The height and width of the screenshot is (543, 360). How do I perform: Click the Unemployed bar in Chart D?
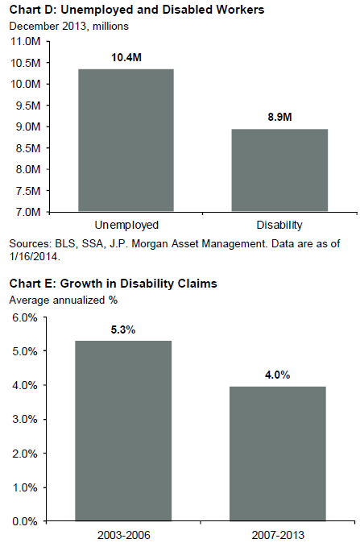click(126, 140)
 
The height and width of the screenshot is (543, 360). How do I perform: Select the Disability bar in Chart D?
click(279, 170)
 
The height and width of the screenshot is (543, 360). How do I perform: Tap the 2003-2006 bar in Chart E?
click(123, 431)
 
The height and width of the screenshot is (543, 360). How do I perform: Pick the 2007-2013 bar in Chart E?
click(278, 454)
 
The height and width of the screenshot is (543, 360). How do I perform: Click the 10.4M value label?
click(126, 57)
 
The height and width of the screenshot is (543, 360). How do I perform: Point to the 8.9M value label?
click(279, 117)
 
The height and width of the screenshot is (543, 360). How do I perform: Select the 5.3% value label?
click(123, 330)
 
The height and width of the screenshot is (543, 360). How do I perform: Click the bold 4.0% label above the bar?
click(278, 375)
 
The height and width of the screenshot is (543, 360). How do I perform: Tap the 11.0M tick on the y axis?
click(26, 42)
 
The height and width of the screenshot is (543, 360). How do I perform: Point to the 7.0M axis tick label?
click(28, 212)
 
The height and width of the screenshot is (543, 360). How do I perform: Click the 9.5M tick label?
click(28, 106)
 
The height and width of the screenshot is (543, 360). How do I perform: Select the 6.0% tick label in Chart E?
click(25, 317)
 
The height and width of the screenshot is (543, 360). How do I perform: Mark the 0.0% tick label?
click(25, 521)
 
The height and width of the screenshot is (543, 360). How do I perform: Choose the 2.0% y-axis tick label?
click(25, 454)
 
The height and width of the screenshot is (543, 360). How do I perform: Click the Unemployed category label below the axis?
click(126, 226)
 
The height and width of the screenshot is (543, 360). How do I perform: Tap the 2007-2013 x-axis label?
click(278, 535)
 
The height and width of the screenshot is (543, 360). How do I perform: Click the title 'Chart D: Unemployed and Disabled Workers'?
click(137, 10)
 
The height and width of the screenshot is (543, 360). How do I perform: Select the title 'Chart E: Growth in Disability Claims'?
click(114, 284)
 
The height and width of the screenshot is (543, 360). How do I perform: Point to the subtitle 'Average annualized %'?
click(64, 300)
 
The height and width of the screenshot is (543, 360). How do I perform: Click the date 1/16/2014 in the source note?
click(35, 257)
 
